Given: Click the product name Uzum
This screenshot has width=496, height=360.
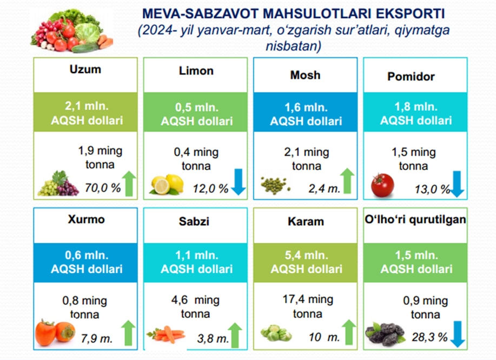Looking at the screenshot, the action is pos(85,69).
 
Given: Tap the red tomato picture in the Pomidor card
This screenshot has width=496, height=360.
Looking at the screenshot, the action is pos(382,185).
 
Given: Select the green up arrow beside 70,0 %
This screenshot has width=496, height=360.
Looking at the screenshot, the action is pos(129,184).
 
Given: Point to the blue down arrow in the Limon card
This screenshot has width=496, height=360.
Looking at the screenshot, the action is pos(238,182).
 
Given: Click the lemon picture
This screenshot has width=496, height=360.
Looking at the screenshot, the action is pos(167,184).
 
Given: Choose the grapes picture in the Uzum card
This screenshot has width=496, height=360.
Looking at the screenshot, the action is pos(58,184).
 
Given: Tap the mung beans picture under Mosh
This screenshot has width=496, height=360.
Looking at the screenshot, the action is pos(275,185).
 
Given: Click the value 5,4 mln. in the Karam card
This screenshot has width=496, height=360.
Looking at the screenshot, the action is pos(306,255).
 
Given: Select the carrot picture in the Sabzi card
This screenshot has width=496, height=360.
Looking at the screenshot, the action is pos(166,335).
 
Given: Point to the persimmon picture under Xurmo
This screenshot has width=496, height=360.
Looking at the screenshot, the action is pos(55,332).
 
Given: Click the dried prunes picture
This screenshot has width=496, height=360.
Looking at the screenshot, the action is pos(385,334).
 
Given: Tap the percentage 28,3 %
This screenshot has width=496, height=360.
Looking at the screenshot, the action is pos(429,337).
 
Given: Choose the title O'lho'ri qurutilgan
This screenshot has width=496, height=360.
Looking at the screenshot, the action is pos(415,219).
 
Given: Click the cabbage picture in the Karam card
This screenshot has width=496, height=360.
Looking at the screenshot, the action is pos(276,333).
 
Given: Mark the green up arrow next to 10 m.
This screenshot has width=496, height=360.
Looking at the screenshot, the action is pos(348,332).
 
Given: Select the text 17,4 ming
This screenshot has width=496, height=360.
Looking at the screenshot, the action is pos(308,299).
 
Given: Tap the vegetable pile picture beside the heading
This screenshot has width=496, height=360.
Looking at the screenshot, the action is pos(71,31).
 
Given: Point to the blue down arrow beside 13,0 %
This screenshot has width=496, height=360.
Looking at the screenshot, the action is pos(457,184).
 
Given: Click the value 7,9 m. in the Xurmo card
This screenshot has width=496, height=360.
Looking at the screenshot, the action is pos(96,339).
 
